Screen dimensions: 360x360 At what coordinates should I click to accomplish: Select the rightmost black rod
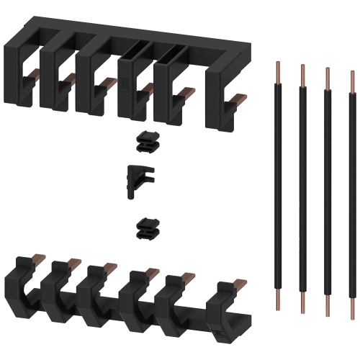tap(352, 187)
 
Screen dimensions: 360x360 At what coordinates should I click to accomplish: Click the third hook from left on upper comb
tap(91, 79)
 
